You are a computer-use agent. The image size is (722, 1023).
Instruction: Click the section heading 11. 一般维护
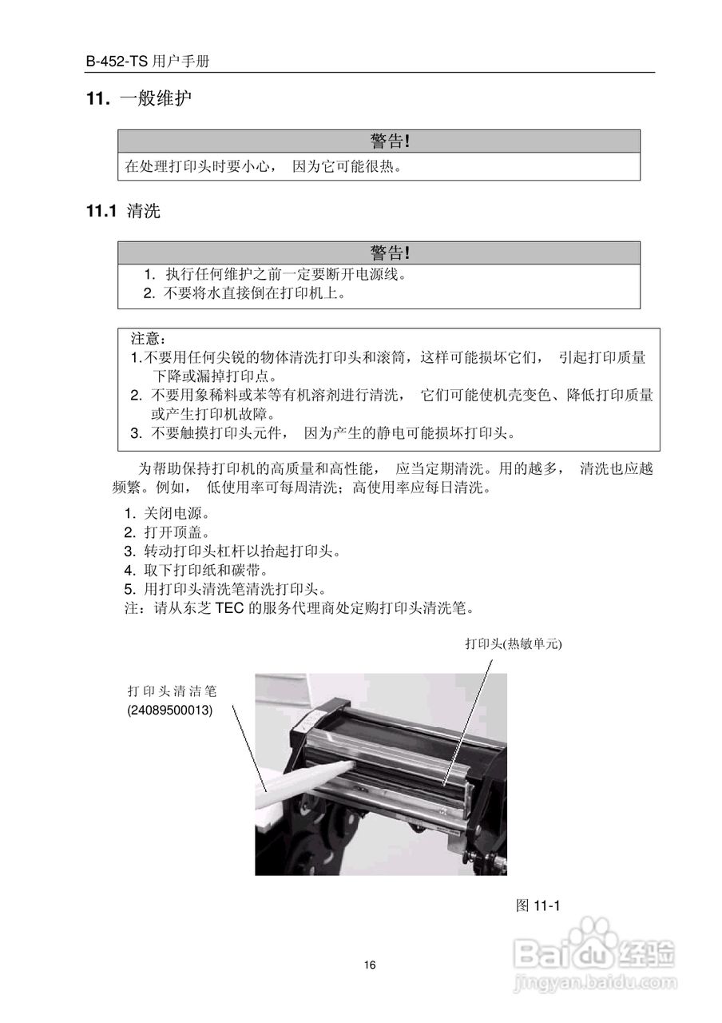tap(140, 99)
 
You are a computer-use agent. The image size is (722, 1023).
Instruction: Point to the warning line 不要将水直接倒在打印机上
tap(245, 293)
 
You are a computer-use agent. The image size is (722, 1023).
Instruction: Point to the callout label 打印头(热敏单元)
tap(509, 644)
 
